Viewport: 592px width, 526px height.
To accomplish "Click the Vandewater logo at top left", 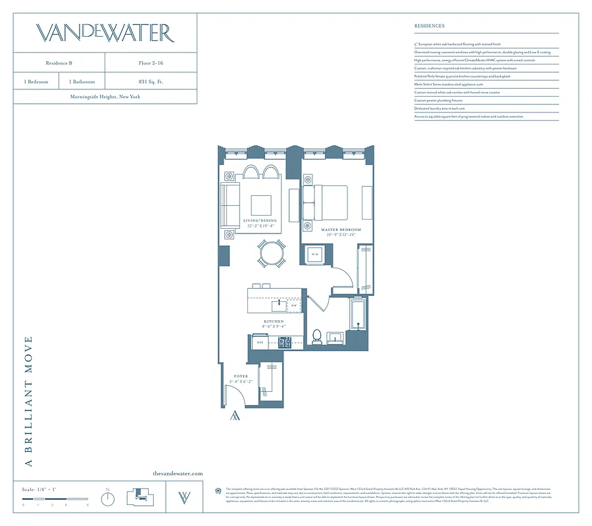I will click(x=105, y=33).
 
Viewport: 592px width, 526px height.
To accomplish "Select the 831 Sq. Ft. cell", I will click(x=151, y=82).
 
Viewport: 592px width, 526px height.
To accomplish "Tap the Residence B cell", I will click(x=59, y=62).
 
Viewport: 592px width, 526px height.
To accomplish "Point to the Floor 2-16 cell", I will click(x=151, y=62).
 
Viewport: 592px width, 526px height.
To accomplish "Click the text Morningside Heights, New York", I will click(x=105, y=97).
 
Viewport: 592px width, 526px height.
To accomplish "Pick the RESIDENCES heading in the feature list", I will click(x=430, y=26).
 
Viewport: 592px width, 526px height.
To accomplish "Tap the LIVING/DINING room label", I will click(x=260, y=221).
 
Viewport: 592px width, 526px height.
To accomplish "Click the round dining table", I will click(x=272, y=252).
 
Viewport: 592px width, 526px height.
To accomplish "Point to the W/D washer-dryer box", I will click(x=314, y=254).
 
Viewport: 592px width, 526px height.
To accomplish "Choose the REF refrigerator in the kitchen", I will click(x=259, y=343).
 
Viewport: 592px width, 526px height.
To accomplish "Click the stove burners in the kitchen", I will click(x=284, y=342).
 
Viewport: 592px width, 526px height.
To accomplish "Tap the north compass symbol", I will click(x=108, y=499).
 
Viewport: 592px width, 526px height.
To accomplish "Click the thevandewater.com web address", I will click(x=178, y=473).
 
